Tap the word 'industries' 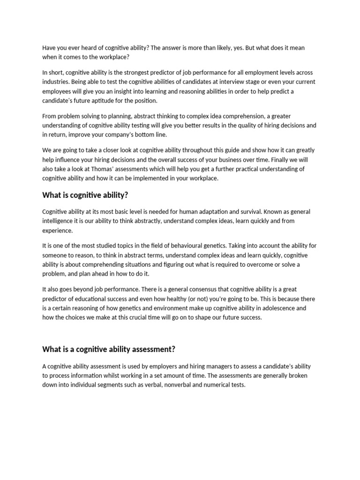[55, 82]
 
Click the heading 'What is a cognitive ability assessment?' [109, 349]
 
